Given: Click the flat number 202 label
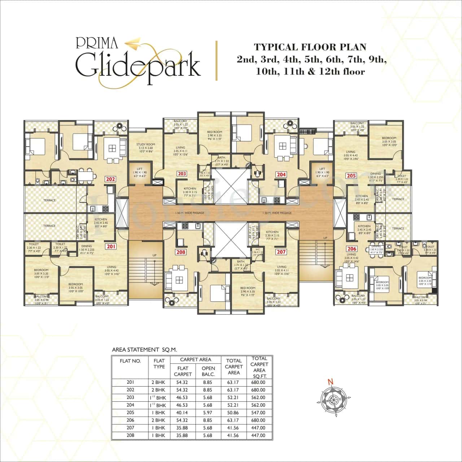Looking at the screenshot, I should point(110,179).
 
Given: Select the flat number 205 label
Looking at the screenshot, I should point(351,176).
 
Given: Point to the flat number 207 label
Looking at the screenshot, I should point(281,252).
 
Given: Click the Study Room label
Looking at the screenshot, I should point(145,146).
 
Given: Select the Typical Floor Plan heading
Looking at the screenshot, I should point(310,47).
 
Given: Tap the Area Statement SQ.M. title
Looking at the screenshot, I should point(144,349).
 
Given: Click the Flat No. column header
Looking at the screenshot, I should point(130,361).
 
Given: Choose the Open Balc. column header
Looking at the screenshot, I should point(208,371).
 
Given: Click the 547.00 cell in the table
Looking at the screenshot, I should point(259,413).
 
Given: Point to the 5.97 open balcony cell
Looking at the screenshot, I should point(208,413).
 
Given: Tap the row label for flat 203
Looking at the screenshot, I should point(130,397).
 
